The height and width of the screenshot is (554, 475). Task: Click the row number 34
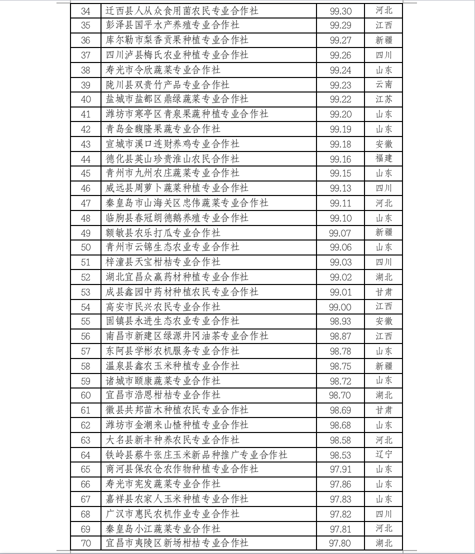tap(85, 10)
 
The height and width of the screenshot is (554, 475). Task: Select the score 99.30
tap(340, 10)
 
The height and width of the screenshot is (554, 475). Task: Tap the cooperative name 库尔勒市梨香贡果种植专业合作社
tap(177, 40)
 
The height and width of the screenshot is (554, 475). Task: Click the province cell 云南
tap(384, 84)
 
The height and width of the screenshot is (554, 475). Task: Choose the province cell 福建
tap(384, 158)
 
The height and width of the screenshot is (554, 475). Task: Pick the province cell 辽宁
tap(384, 454)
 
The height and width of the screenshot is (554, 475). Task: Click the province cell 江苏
tap(384, 99)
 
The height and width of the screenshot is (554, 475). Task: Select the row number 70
tap(85, 543)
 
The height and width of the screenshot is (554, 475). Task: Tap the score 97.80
tap(340, 543)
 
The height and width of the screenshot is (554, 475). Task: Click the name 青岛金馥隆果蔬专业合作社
tap(163, 129)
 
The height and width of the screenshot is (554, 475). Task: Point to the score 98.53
tap(340, 454)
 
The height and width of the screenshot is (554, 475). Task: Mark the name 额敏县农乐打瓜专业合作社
tap(163, 232)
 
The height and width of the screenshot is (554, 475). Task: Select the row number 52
tap(85, 277)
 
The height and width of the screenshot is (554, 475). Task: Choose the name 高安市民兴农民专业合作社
tap(163, 306)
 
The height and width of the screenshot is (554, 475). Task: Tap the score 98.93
tap(340, 321)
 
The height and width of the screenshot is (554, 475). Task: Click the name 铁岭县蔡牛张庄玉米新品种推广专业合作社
tap(196, 454)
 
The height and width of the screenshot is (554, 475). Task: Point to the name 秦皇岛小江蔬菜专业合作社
tap(163, 528)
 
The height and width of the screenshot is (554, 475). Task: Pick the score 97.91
tap(340, 469)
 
